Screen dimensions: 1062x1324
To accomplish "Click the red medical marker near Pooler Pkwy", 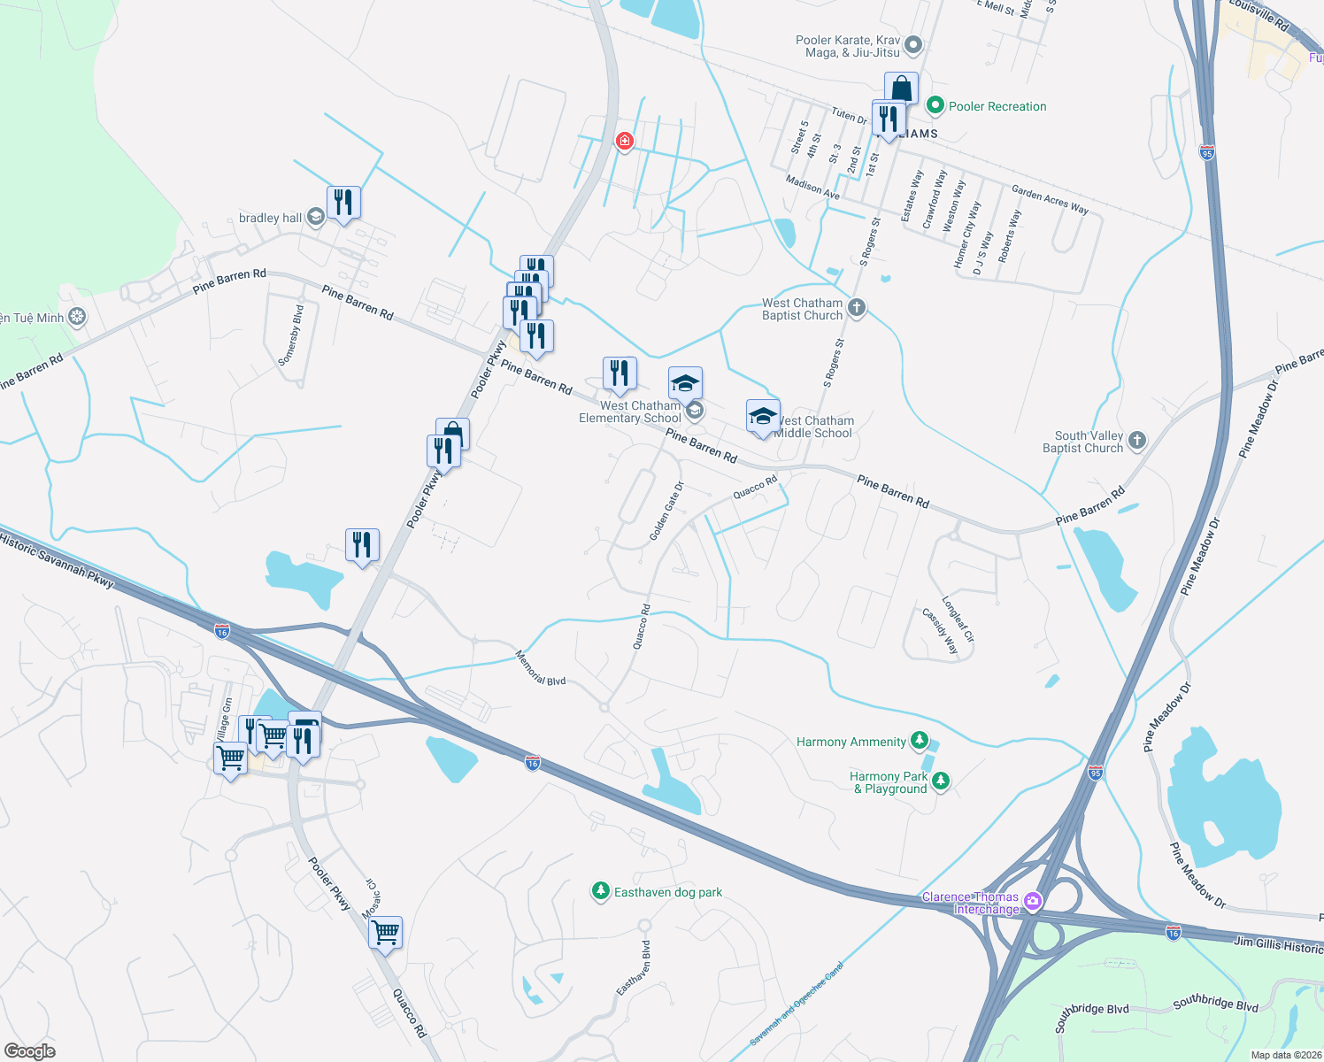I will pos(625,142).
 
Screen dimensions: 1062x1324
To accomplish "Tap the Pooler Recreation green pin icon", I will pos(935,106).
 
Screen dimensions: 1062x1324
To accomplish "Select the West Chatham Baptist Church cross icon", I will pos(856,308).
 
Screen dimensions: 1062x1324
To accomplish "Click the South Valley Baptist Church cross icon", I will pos(1137,441).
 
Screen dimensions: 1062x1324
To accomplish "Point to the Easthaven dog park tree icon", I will pos(601,890).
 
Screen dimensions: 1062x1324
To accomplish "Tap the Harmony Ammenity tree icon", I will pos(920,741).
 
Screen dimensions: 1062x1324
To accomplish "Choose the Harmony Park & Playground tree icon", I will pos(941,781).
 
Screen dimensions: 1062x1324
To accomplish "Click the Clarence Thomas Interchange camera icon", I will pos(1032,903).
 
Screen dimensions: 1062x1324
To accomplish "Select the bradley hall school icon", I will pos(315,218).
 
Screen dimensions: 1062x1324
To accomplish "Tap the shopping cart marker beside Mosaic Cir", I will pos(386,933).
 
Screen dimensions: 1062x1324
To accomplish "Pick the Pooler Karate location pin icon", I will pos(914,44).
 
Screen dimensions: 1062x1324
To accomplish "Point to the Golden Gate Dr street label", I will pos(666,512).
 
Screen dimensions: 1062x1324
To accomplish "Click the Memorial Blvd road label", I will pos(540,668).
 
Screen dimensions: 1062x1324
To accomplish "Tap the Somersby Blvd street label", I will pos(290,335).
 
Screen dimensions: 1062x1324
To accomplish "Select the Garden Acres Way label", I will pos(1050,199).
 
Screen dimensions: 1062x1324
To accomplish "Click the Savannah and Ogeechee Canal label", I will pos(797,1004).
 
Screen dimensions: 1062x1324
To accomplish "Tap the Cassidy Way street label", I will pos(940,631).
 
